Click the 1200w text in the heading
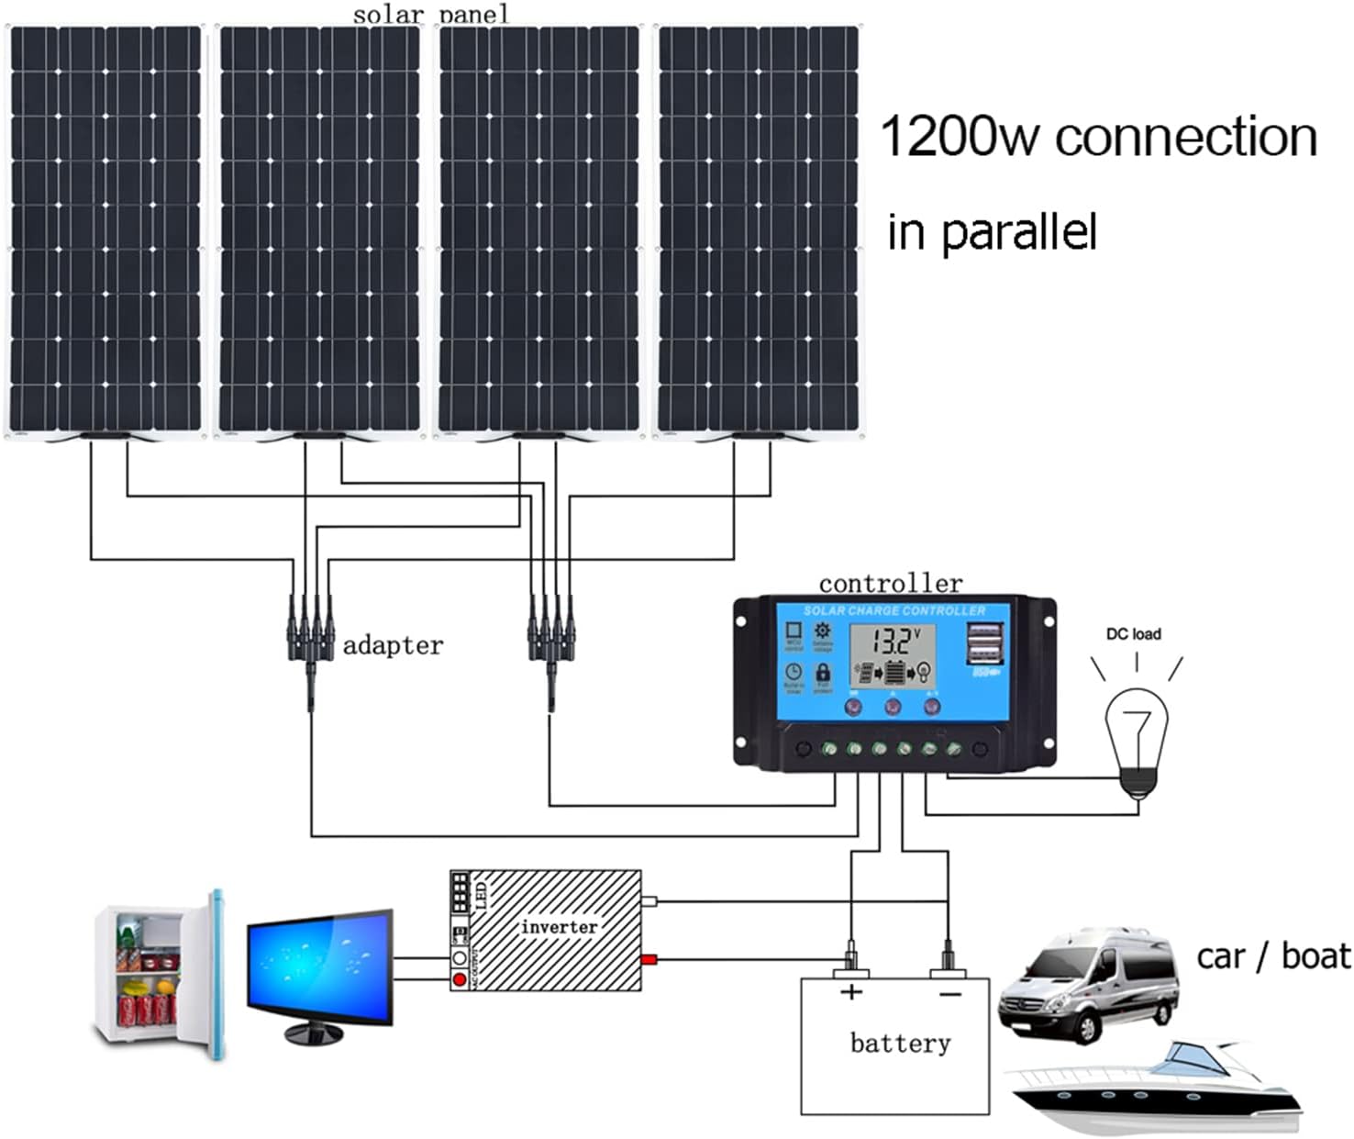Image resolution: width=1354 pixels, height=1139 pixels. (x=959, y=138)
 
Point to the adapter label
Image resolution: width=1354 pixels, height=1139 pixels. (x=393, y=646)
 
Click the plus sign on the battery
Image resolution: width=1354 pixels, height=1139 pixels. (x=851, y=992)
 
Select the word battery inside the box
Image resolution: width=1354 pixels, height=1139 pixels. (x=900, y=1044)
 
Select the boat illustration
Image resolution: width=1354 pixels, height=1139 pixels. (x=1156, y=1088)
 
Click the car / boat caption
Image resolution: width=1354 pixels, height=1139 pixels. (x=1273, y=956)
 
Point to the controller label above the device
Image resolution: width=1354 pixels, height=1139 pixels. (x=890, y=584)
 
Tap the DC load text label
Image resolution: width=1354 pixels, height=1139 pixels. (x=1133, y=634)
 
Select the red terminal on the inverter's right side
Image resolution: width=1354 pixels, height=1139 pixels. (x=649, y=960)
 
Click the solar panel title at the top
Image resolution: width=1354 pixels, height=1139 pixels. (x=429, y=14)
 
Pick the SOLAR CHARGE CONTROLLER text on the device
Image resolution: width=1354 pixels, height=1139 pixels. (x=894, y=610)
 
